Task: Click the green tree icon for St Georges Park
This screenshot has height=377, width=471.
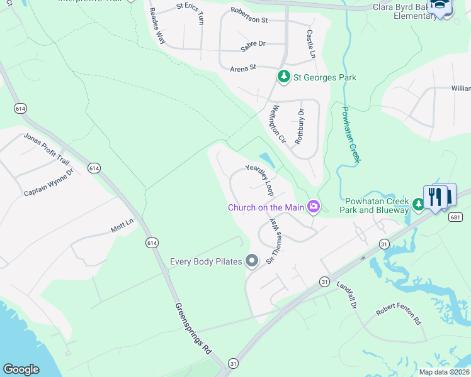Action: click(284, 77)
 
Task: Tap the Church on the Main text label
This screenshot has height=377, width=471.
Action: click(266, 207)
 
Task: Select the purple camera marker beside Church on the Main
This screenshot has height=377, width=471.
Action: click(313, 206)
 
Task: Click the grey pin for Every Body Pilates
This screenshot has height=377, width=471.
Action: click(252, 260)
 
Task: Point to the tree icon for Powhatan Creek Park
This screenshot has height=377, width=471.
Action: click(418, 204)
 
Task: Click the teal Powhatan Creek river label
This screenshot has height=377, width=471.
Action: click(350, 134)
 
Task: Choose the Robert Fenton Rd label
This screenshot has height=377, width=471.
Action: click(398, 315)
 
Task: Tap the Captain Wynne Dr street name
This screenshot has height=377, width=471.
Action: click(48, 182)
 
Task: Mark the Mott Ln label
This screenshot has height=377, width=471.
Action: click(122, 226)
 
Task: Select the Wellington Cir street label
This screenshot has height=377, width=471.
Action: click(278, 124)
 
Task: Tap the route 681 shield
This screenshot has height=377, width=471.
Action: click(457, 217)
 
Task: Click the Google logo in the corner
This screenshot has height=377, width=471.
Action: click(21, 369)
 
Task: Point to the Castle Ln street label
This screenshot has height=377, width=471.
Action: click(310, 44)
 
